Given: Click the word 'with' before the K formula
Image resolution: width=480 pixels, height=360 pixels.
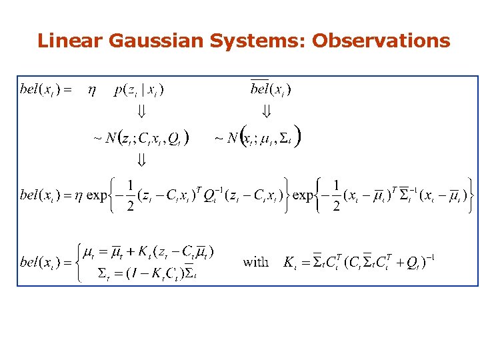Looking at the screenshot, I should (x=256, y=261).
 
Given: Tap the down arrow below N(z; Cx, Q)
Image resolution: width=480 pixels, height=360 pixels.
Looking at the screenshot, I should (x=141, y=160).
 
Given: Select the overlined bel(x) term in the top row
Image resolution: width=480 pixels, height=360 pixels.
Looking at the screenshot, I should (x=270, y=89).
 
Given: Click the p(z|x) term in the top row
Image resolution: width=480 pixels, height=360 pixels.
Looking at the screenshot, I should (x=139, y=89).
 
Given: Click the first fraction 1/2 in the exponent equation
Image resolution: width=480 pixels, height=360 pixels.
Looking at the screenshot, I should (x=131, y=195).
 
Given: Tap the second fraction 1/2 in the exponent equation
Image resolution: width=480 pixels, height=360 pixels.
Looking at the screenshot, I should (x=337, y=195).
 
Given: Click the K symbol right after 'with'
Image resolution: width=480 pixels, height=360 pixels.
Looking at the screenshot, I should (x=289, y=261).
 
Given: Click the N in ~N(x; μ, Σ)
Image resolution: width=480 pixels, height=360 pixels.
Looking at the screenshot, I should (x=232, y=139).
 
